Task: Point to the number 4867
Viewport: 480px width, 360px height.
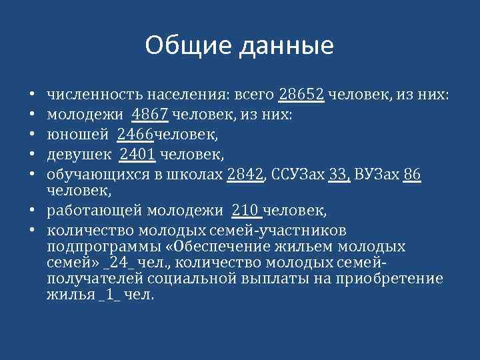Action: [x=151, y=115]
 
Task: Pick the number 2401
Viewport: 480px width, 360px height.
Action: [x=137, y=155]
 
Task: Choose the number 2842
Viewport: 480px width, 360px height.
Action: [x=245, y=175]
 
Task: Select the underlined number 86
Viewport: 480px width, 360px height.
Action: [x=412, y=175]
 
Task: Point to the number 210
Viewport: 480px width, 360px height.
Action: [x=247, y=211]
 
